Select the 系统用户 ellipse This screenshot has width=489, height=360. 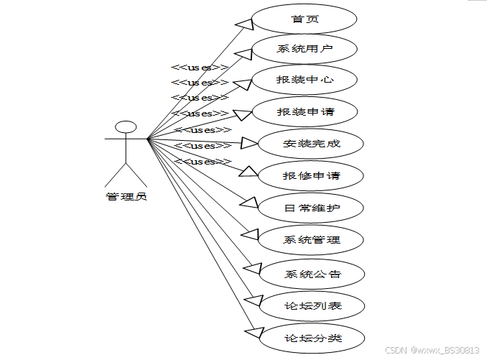click(305, 50)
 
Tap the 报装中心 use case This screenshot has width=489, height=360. click(305, 80)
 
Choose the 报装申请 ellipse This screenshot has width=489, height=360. click(305, 112)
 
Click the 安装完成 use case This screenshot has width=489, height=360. click(311, 144)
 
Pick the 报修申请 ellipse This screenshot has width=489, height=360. click(311, 175)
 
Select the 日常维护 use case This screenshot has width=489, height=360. click(311, 208)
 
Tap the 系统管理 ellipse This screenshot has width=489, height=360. click(311, 240)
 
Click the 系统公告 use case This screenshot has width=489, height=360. click(311, 274)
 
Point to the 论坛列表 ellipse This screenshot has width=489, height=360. click(311, 306)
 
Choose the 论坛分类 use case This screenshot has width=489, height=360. click(311, 338)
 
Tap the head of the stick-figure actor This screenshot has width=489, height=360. click(126, 127)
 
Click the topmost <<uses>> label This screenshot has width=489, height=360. click(200, 67)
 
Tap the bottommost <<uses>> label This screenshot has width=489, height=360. click(203, 162)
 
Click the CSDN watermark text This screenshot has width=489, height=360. click(432, 350)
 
